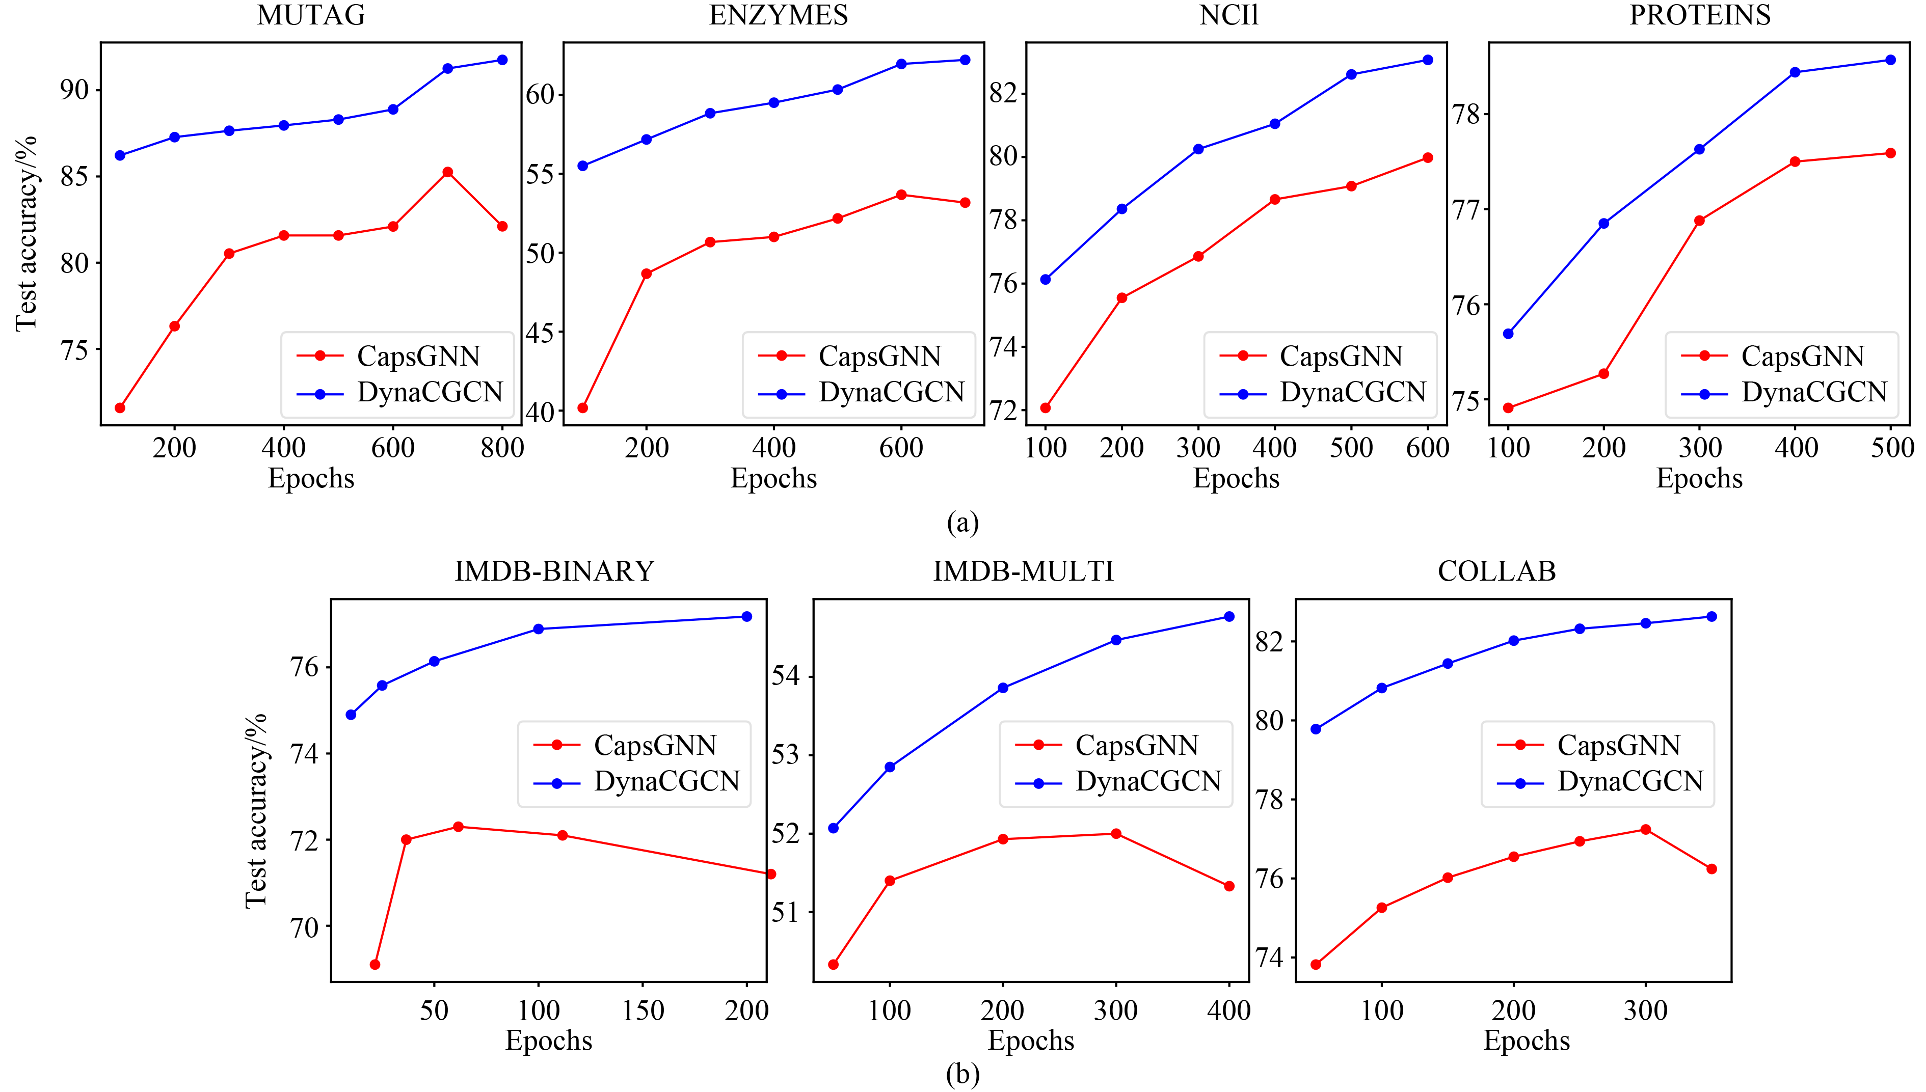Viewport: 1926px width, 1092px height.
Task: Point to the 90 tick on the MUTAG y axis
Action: coord(74,91)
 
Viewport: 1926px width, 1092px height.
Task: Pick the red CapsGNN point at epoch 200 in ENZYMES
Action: coord(647,274)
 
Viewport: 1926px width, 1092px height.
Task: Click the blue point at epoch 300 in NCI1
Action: coord(1198,149)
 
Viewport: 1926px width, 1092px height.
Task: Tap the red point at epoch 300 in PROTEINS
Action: coord(1699,221)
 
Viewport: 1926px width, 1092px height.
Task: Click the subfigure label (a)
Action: coord(962,523)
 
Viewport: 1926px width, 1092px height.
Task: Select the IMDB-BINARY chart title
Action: coord(554,571)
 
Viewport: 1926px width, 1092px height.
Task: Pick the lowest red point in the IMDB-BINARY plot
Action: coord(375,965)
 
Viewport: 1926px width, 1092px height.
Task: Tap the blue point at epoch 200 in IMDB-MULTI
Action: coord(1002,688)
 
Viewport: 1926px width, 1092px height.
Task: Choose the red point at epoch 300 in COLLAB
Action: coord(1645,830)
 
